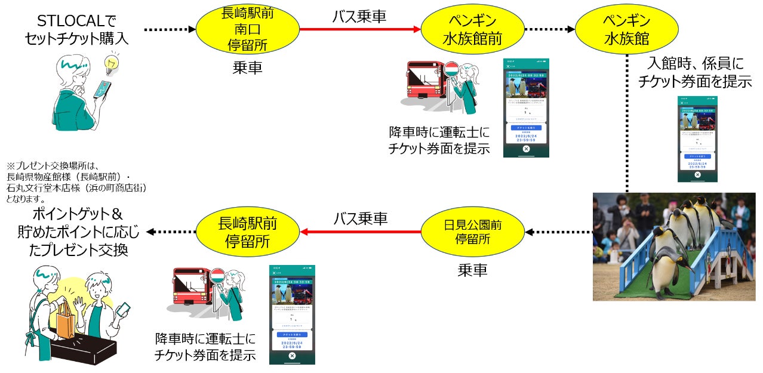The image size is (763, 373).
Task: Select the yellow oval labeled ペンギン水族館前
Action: point(472,29)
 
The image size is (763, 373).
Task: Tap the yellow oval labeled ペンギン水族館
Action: point(627,29)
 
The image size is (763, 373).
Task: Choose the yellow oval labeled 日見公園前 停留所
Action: point(472,232)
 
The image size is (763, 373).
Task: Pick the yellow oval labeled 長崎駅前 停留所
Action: point(247,232)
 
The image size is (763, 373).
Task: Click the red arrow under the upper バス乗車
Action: point(360,29)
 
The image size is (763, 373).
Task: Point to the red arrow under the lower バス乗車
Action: point(360,232)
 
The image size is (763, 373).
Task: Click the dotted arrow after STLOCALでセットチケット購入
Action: point(170,29)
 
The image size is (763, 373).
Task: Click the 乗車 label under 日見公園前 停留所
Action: point(472,270)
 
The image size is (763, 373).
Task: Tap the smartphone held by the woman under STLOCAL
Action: point(102,89)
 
